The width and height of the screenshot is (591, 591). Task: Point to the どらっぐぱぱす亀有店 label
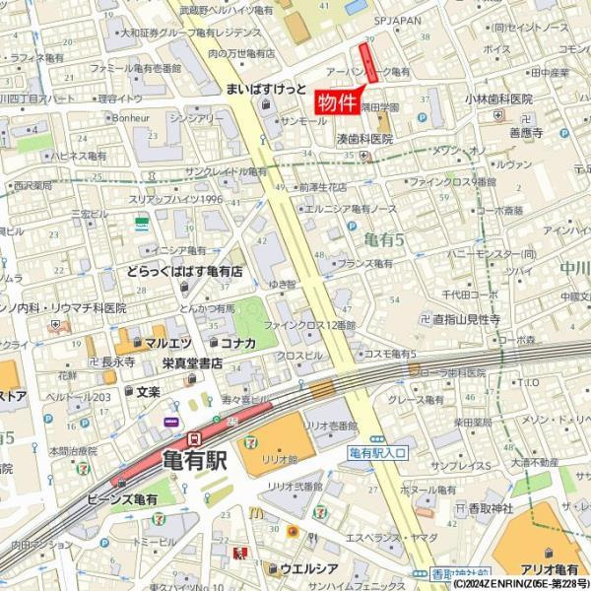(x=184, y=271)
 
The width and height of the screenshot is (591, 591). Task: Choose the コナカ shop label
(x=237, y=343)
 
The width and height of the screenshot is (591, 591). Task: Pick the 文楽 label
(x=147, y=392)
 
